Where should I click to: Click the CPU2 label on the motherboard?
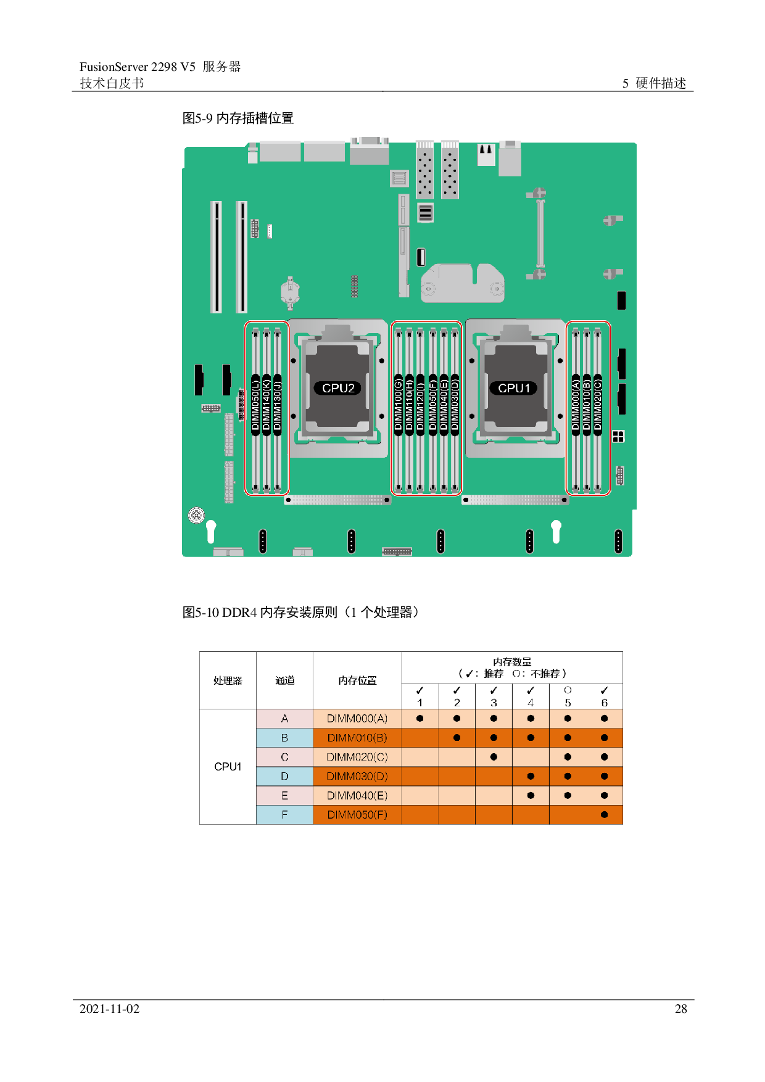338,388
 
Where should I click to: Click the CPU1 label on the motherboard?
514,388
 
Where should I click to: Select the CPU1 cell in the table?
228,767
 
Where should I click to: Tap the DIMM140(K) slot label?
267,405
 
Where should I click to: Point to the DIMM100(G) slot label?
399,405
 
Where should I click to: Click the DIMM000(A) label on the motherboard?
576,405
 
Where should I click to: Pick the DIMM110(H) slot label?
409,405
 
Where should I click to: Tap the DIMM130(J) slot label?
277,405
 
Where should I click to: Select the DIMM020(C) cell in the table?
357,757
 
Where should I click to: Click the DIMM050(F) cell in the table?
357,815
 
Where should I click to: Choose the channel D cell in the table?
284,776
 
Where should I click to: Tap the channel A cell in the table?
284,719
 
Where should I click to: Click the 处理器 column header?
228,680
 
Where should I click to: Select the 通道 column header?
284,680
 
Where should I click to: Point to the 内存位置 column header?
357,680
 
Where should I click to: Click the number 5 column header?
568,703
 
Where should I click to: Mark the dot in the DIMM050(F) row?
604,815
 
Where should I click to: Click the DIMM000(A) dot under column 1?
420,719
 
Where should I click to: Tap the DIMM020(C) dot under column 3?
494,757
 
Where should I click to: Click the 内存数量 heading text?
512,662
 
